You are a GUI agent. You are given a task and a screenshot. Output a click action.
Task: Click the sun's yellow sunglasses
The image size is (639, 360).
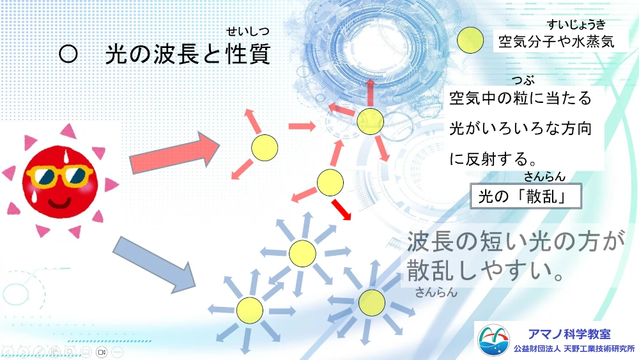pos(59,176)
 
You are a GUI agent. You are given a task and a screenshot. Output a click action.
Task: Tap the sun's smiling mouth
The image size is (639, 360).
pos(60,203)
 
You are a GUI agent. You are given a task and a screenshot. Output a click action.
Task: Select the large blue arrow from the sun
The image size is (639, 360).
pos(153,264)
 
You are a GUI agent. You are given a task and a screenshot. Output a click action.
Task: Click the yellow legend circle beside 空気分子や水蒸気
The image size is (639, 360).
pos(470,40)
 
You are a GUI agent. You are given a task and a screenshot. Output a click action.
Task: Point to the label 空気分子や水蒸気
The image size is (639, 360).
pos(557,42)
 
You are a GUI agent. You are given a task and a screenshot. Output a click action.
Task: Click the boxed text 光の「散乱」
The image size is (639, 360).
pos(526,196)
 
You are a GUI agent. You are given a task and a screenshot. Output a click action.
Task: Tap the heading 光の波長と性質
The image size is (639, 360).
pos(188,54)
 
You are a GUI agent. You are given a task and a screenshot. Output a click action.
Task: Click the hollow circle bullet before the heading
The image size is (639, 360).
pos(68,54)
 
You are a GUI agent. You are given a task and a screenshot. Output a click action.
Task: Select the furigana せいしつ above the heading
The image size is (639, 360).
pos(248,31)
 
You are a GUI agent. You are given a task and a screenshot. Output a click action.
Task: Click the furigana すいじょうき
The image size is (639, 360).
pos(576,24)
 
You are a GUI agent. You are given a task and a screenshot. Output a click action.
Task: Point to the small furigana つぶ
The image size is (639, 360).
pos(523,80)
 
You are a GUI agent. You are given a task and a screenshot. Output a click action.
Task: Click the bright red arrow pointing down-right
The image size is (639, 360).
pos(341,210)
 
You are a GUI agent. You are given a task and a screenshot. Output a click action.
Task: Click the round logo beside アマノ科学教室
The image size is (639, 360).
pos(493,340)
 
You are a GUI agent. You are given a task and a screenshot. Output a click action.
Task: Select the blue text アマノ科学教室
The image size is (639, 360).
pos(569,334)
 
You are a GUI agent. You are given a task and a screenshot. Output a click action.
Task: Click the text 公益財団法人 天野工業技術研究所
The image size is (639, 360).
pos(574,349)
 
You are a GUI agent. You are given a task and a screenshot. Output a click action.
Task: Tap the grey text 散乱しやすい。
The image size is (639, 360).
pos(485,270)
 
